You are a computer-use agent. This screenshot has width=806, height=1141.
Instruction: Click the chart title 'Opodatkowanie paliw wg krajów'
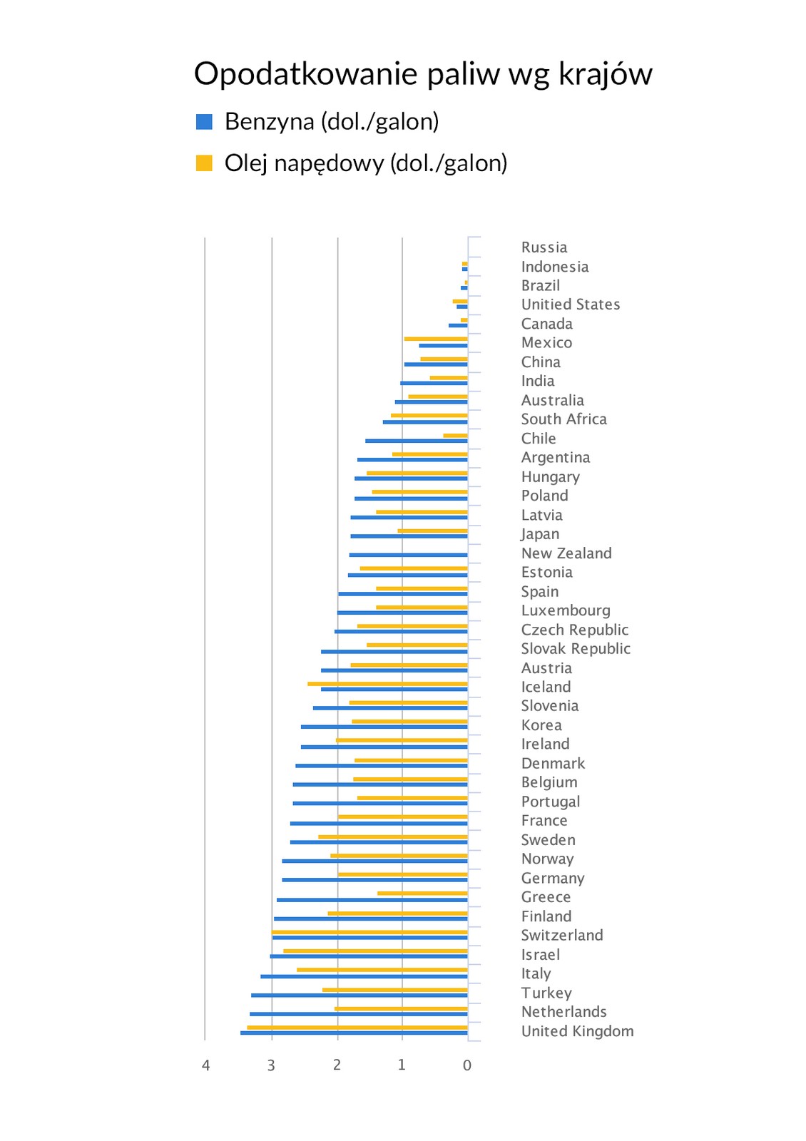tap(423, 74)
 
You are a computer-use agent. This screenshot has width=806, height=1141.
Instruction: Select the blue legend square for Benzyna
tap(204, 122)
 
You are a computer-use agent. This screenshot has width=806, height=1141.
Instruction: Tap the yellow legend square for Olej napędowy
tap(204, 163)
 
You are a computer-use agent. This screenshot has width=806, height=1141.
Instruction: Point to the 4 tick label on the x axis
tap(206, 1065)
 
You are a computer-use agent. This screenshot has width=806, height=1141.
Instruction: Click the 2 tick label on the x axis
tap(337, 1065)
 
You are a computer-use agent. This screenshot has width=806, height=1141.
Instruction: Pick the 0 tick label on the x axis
tap(467, 1065)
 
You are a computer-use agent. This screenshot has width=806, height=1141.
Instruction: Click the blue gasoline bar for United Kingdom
tap(354, 1033)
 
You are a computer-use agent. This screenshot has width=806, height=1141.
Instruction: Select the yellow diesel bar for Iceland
tap(387, 683)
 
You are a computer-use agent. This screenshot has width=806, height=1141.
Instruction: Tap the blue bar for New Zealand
tap(408, 555)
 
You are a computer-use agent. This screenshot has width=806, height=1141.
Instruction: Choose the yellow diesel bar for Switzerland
tap(369, 931)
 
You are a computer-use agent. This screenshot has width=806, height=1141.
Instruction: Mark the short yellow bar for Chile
tap(455, 435)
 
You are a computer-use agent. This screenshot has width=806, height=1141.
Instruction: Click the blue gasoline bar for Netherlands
tap(359, 1013)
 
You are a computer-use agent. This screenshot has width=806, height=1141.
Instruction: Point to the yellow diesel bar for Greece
tap(422, 893)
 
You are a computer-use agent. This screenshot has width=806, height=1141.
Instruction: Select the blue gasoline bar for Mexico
tap(443, 345)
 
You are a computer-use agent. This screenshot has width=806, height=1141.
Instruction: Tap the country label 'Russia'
tap(544, 247)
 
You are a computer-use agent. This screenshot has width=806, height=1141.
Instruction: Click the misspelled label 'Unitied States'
tap(571, 305)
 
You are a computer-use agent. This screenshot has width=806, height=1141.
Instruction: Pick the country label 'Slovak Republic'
tap(576, 649)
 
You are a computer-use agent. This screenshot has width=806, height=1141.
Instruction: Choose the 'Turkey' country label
tap(546, 993)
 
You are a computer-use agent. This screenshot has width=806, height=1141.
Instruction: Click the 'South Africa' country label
tap(563, 419)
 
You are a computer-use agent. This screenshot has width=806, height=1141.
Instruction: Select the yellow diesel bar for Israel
tap(375, 951)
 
